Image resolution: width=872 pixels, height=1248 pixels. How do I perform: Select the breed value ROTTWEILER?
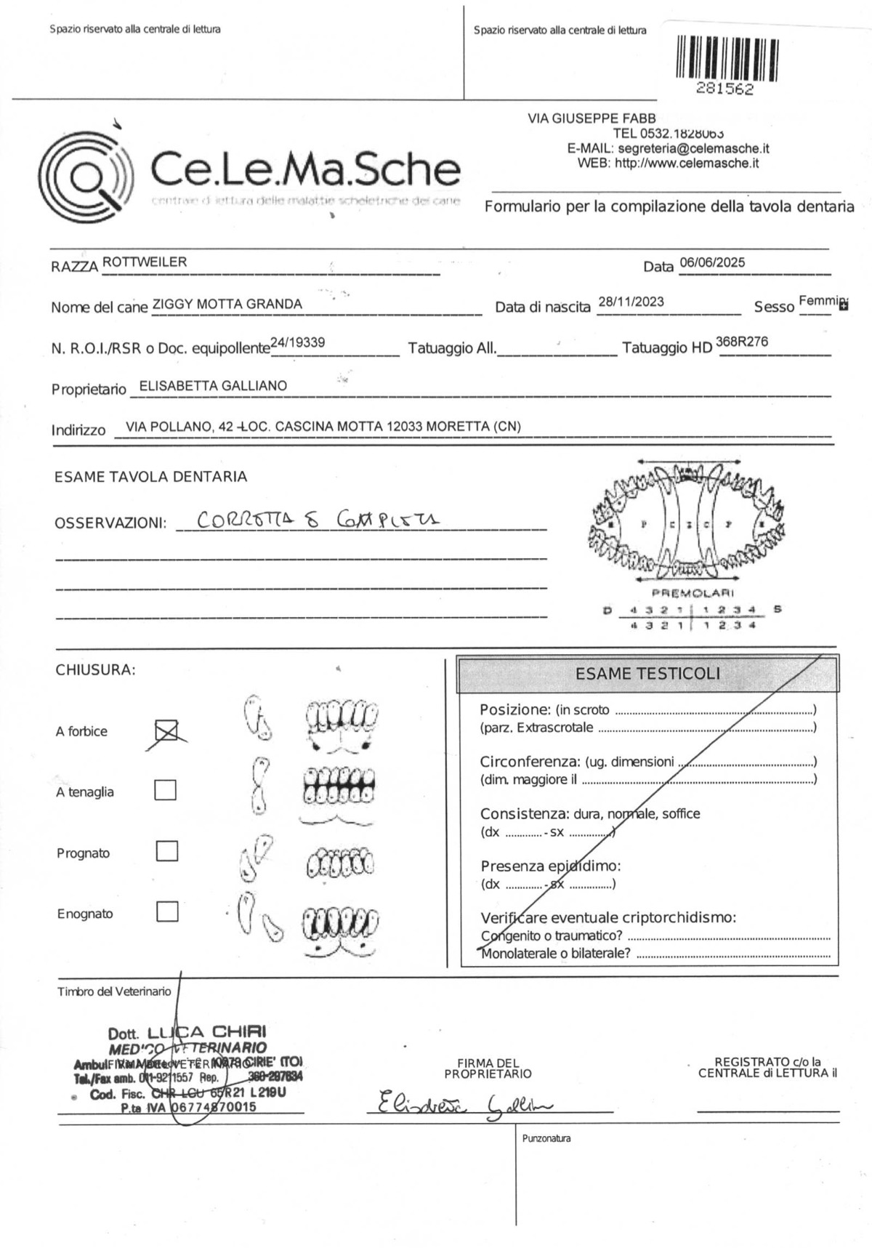point(145,262)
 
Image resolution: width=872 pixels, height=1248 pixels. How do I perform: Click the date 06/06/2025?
point(712,262)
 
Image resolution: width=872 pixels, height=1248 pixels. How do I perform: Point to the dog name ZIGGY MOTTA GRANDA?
point(227,304)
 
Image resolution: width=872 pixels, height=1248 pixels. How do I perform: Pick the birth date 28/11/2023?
point(631,302)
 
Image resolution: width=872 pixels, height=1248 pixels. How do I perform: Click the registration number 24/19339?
point(297,342)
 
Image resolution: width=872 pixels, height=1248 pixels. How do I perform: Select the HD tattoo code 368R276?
point(742,342)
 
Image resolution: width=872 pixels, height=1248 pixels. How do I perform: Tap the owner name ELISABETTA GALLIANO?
point(213,386)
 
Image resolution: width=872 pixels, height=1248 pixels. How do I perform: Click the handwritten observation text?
point(318,520)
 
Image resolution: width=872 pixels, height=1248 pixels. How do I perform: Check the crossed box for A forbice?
point(166,730)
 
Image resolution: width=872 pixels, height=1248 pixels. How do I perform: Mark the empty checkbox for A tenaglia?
point(166,790)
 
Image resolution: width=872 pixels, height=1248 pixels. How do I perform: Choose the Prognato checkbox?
point(167,851)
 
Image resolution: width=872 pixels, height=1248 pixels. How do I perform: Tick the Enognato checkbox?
point(167,911)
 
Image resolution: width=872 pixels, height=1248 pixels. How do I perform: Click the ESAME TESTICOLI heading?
point(647,674)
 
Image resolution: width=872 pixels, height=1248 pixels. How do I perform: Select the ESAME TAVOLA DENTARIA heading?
point(151,477)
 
